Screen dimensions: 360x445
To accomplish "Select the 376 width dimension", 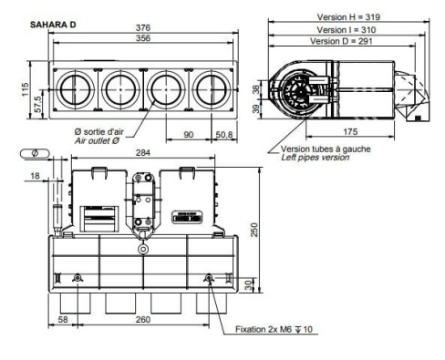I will click(144, 27).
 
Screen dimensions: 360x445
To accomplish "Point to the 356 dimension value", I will click(144, 38).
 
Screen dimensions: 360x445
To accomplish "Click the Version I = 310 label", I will click(346, 29).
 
